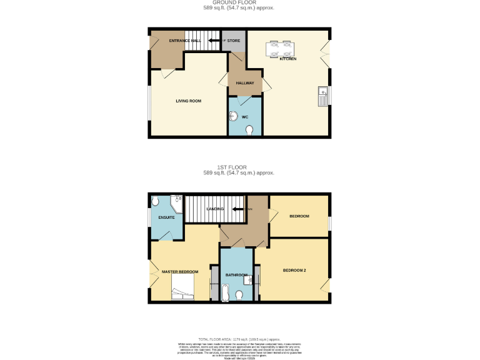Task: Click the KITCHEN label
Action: click(x=287, y=59)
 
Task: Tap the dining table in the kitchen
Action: click(x=280, y=48)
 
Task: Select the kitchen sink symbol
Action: click(x=323, y=96)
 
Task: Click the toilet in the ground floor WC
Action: click(x=250, y=129)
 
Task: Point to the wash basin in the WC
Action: click(x=232, y=116)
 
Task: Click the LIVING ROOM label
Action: click(x=187, y=101)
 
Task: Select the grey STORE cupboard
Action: click(x=233, y=41)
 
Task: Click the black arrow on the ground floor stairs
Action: click(x=214, y=41)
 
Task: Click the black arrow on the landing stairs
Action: click(x=237, y=209)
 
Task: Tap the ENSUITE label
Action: click(x=166, y=217)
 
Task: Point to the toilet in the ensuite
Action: click(x=155, y=202)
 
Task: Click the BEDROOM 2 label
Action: click(x=294, y=271)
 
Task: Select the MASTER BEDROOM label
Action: click(x=180, y=272)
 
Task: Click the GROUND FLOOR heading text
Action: click(x=239, y=3)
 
